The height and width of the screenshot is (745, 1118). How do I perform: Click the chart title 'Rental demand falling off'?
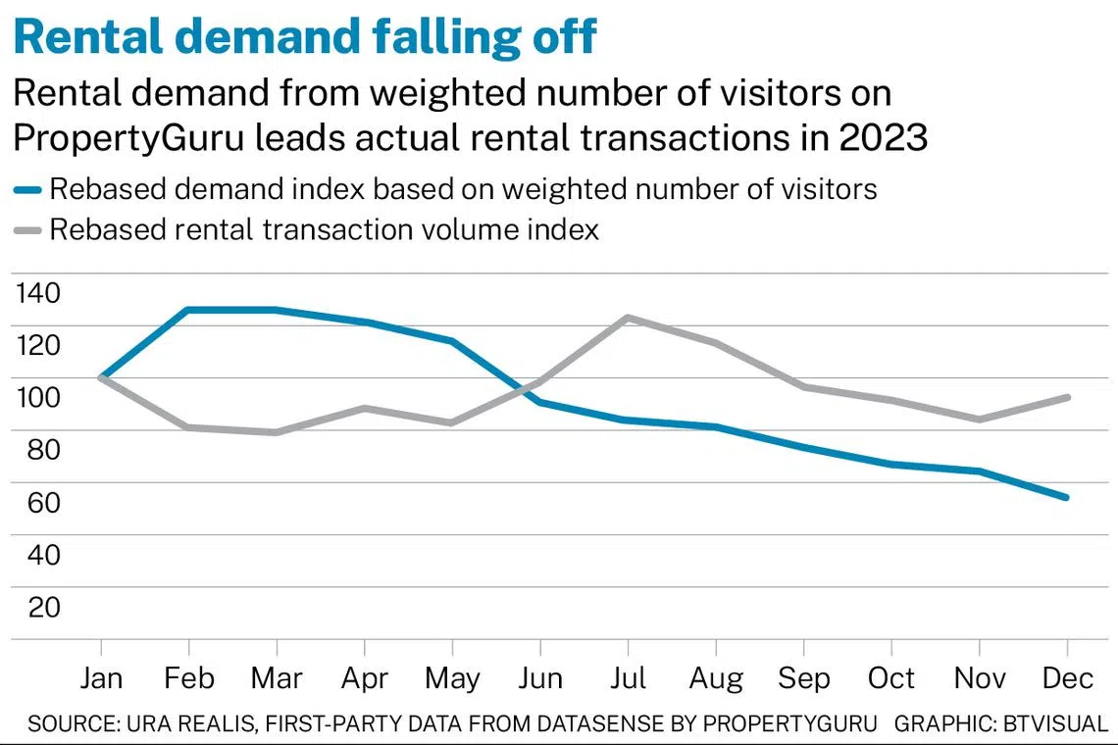click(x=304, y=36)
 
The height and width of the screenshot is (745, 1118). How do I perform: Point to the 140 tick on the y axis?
click(x=38, y=292)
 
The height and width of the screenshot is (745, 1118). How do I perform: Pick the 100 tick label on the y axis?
click(x=38, y=397)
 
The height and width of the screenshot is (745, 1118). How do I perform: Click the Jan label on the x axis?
click(x=101, y=677)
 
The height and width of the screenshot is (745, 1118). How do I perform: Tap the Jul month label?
click(x=628, y=677)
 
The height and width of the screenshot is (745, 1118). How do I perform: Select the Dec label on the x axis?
click(x=1067, y=677)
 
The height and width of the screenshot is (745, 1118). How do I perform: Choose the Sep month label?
click(x=803, y=677)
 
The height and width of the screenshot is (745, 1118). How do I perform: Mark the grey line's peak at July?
click(x=628, y=318)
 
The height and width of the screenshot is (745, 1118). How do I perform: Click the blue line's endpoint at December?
click(x=1067, y=497)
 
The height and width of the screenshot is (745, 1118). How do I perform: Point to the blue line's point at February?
click(x=188, y=310)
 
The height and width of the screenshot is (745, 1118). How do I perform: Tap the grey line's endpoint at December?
click(x=1067, y=397)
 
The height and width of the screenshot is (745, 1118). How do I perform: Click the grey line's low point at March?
click(x=277, y=432)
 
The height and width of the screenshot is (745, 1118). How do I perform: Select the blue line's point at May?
click(x=452, y=341)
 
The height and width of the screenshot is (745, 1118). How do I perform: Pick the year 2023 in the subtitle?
click(x=883, y=138)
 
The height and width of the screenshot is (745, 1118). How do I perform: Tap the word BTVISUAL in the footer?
click(x=1053, y=723)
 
